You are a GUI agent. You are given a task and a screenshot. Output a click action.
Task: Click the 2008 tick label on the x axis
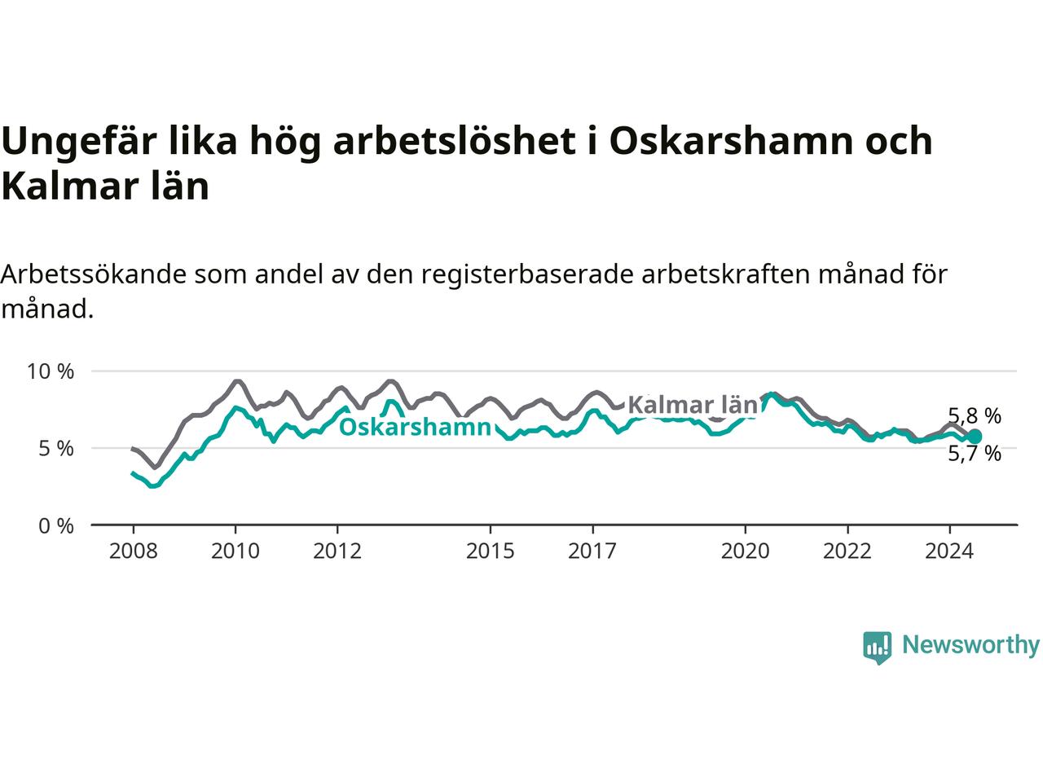point(133,551)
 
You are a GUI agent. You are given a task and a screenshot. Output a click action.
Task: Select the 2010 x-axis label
point(235,551)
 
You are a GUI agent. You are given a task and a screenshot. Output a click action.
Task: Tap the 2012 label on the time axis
point(337,551)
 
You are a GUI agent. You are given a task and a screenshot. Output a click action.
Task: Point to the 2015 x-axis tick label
point(491,551)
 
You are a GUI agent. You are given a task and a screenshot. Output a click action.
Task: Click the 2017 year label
point(592,551)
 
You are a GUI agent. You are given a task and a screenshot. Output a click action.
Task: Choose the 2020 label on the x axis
point(746,551)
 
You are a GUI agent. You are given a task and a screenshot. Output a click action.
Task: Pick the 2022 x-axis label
point(847,551)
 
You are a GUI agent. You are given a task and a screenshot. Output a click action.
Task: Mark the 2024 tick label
point(950,551)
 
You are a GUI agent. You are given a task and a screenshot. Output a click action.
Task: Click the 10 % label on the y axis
point(51,371)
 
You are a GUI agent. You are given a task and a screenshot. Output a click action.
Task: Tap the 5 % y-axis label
point(56,449)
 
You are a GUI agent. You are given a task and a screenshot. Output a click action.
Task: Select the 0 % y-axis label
point(56,526)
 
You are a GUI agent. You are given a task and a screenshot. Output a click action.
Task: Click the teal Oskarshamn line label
point(415,428)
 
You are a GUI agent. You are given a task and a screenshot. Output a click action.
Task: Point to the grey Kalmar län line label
point(693,405)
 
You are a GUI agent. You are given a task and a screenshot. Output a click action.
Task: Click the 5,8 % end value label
point(975,416)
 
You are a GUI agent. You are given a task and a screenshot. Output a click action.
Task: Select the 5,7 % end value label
point(975,454)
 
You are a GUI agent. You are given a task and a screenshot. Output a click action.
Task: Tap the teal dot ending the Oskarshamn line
point(975,436)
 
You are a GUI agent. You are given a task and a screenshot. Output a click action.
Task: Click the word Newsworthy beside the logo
point(971,645)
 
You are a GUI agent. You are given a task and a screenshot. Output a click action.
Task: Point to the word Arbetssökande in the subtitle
point(94,275)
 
